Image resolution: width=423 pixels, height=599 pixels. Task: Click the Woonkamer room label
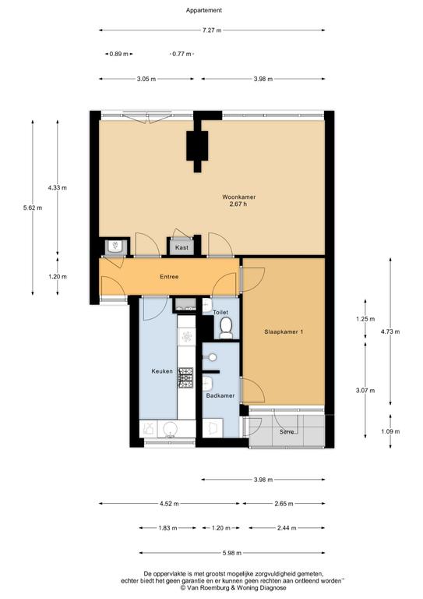coord(239,197)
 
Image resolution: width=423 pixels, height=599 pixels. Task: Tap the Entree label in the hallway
coord(169,277)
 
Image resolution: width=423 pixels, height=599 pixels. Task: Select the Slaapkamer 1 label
coord(284,332)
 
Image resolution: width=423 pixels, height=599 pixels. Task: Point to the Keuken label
coord(162,371)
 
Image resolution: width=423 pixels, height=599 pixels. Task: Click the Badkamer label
coord(220,395)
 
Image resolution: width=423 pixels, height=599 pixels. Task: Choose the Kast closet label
coord(182,247)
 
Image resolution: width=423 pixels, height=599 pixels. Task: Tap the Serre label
coord(287,431)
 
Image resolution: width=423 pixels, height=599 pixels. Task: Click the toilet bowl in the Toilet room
coord(226,328)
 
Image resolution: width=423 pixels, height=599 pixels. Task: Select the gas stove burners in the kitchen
coord(185,377)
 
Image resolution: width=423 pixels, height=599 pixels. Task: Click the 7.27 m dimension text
coord(212,30)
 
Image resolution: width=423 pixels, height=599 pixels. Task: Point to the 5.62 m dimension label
coord(33,207)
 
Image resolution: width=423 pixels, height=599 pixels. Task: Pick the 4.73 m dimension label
coord(390,331)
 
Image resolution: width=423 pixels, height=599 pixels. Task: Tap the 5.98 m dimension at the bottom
coord(232,553)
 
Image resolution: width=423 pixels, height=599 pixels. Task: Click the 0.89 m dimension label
coord(118,54)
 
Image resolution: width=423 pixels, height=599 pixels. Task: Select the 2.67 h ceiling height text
coord(238,204)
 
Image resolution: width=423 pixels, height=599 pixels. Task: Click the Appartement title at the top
coord(203,10)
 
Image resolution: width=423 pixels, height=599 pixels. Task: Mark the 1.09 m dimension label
coord(390,431)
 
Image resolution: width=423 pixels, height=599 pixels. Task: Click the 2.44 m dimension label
coord(287,528)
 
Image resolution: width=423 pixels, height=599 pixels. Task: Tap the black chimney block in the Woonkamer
coord(197,146)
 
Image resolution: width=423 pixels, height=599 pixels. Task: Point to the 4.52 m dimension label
coord(169,504)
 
